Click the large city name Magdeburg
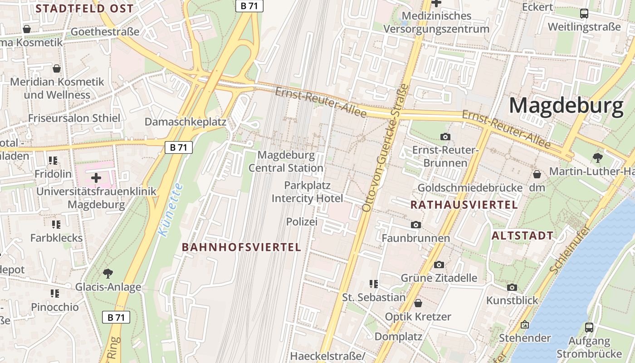[566, 106]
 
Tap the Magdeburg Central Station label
[286, 162]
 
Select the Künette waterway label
[171, 209]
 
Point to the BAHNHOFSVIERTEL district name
[241, 247]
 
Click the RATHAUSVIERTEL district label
[464, 205]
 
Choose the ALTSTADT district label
[523, 235]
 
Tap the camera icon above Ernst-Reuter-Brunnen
[445, 137]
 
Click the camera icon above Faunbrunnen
[415, 225]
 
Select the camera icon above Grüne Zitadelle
[439, 265]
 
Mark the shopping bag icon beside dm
[537, 174]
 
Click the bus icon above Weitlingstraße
[584, 14]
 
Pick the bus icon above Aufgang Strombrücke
[589, 327]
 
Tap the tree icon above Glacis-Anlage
[108, 273]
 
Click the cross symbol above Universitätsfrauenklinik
[96, 177]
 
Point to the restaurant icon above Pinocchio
[55, 294]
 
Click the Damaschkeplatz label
[185, 122]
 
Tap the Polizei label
[302, 221]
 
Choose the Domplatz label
[398, 337]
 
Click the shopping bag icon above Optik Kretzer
[418, 303]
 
